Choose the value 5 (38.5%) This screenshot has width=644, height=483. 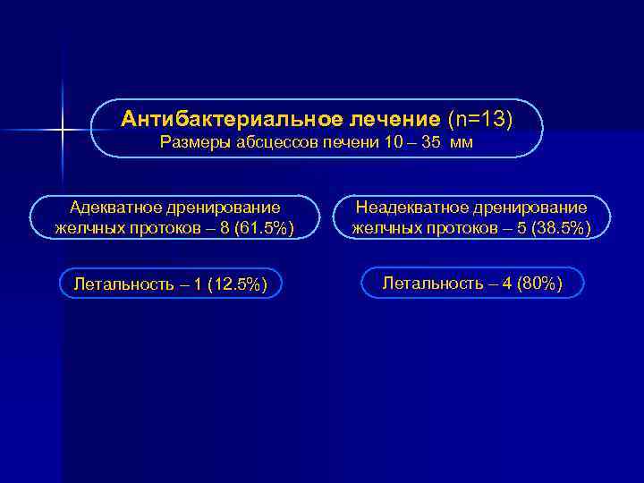pyautogui.click(x=551, y=228)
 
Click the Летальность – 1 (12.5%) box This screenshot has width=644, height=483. pyautogui.click(x=170, y=284)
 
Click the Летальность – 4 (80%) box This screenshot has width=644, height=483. pyautogui.click(x=473, y=284)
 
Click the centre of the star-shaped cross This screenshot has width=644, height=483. pyautogui.click(x=64, y=131)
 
